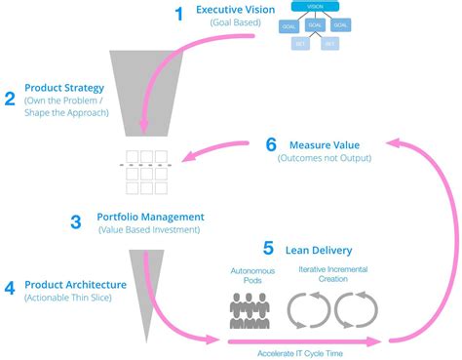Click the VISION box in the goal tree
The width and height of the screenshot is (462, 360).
point(315,7)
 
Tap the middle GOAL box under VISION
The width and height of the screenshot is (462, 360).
point(315,26)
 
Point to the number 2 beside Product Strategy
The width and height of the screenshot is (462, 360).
point(10,98)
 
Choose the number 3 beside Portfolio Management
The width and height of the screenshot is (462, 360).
point(75,222)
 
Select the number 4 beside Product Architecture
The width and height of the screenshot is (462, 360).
point(10,288)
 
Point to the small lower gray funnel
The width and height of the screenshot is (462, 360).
point(141,283)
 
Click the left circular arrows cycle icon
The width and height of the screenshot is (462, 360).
point(309,309)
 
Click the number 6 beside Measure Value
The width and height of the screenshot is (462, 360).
point(271,144)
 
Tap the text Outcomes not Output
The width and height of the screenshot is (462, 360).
point(322,156)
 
